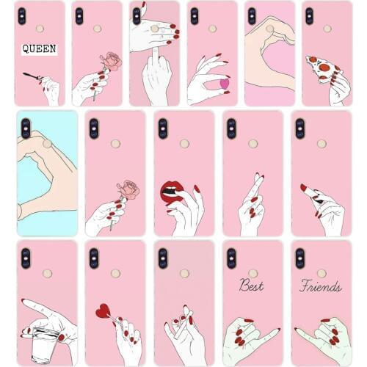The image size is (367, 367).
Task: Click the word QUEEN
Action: (39, 49)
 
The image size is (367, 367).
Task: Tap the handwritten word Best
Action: (251, 286)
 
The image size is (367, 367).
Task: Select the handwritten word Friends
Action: (321, 286)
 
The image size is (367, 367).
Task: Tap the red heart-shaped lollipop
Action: (103, 311)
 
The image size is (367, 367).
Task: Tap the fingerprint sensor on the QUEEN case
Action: (39, 29)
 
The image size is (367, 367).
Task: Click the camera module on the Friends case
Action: (299, 258)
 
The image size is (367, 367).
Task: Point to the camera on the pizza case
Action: (308, 15)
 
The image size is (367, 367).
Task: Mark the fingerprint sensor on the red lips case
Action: (183, 143)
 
